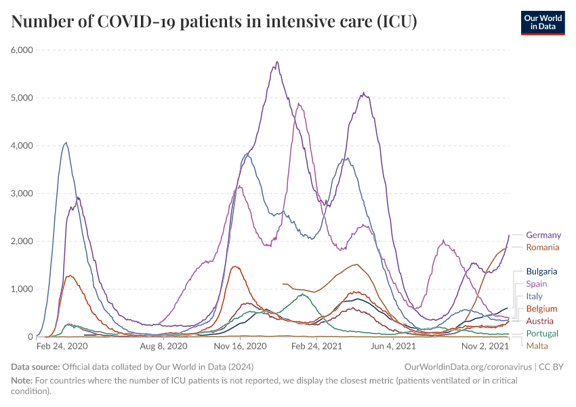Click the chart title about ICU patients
[x=214, y=22]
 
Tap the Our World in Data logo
[x=542, y=22]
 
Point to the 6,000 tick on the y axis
[x=22, y=50]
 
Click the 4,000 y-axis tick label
[x=22, y=146]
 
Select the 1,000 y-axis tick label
[x=22, y=289]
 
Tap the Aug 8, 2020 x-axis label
[x=163, y=347]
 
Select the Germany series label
[x=543, y=235]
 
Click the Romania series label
[x=543, y=248]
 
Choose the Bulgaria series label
[x=541, y=271]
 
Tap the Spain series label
[x=536, y=284]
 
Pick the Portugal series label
[x=542, y=334]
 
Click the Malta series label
[x=537, y=346]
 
